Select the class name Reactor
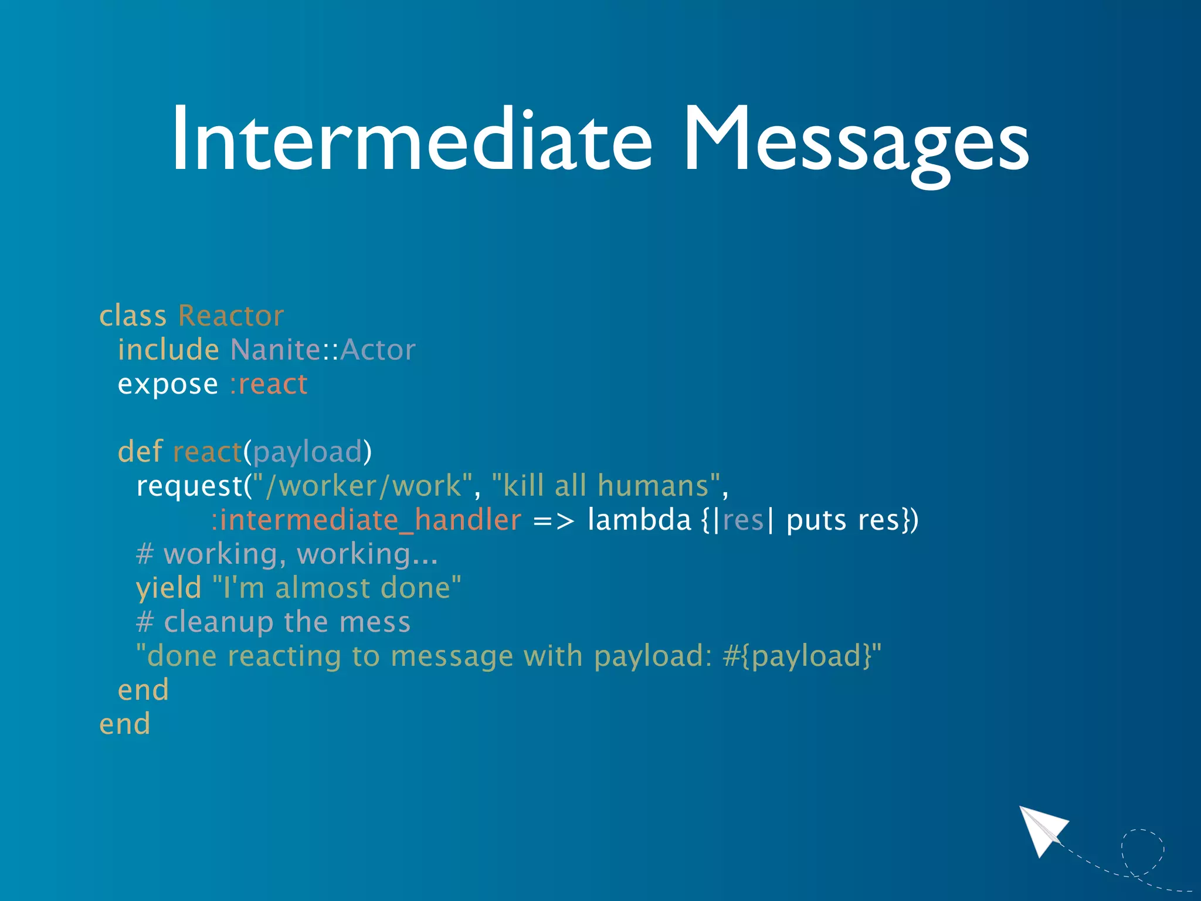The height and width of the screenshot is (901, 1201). point(231,316)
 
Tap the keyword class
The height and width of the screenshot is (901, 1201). point(133,316)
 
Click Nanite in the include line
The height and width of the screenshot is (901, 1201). point(275,350)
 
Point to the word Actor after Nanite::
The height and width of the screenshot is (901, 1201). point(378,350)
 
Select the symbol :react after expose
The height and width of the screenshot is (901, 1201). point(269,384)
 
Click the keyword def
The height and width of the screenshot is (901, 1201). point(140,452)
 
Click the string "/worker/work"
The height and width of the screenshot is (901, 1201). point(362,486)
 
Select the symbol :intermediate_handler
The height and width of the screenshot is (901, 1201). point(366,520)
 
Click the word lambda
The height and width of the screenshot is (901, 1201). point(639,520)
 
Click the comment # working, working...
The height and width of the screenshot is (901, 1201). point(287,554)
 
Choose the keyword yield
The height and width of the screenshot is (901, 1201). point(169,588)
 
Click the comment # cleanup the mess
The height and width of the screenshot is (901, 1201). point(273,622)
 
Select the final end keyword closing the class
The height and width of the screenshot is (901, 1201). point(125,724)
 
